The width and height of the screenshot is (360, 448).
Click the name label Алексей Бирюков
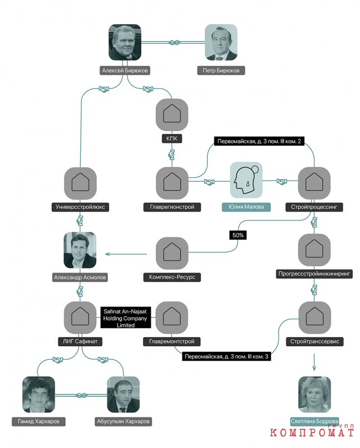[x=125, y=70]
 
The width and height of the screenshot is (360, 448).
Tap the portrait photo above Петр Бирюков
[x=221, y=42]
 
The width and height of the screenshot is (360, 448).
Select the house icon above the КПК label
[x=172, y=115]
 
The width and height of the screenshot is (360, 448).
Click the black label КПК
[x=172, y=139]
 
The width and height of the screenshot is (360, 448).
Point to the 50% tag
[x=238, y=235]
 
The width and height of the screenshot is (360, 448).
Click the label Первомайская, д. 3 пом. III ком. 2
[x=259, y=141]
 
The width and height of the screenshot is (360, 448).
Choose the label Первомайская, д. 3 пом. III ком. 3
[x=227, y=356]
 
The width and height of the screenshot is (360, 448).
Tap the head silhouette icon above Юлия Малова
[x=246, y=180]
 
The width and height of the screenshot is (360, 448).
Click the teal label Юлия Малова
[x=246, y=206]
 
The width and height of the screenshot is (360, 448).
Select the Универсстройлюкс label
[x=80, y=207]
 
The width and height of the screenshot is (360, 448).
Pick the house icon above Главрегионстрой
[x=172, y=183]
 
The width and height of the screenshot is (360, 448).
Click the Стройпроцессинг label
[x=314, y=207]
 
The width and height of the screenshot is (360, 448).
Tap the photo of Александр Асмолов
[x=80, y=250]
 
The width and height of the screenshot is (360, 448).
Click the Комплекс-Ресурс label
[x=172, y=277]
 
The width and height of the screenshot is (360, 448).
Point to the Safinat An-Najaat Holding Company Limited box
[x=125, y=318]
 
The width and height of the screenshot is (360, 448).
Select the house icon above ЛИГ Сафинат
[x=80, y=318]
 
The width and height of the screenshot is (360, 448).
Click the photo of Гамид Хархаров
[x=39, y=395]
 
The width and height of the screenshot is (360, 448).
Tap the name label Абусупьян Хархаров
[x=123, y=422]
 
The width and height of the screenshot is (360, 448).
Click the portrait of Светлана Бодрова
[x=314, y=395]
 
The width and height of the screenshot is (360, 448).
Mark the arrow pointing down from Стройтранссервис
[x=314, y=362]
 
